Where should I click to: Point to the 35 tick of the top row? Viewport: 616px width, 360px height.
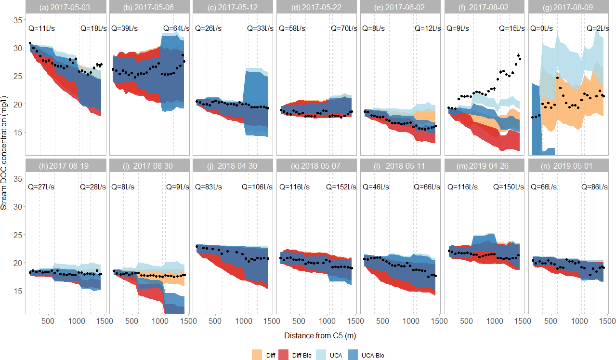point(17,20)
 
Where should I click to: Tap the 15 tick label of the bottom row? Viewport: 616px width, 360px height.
point(17,291)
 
